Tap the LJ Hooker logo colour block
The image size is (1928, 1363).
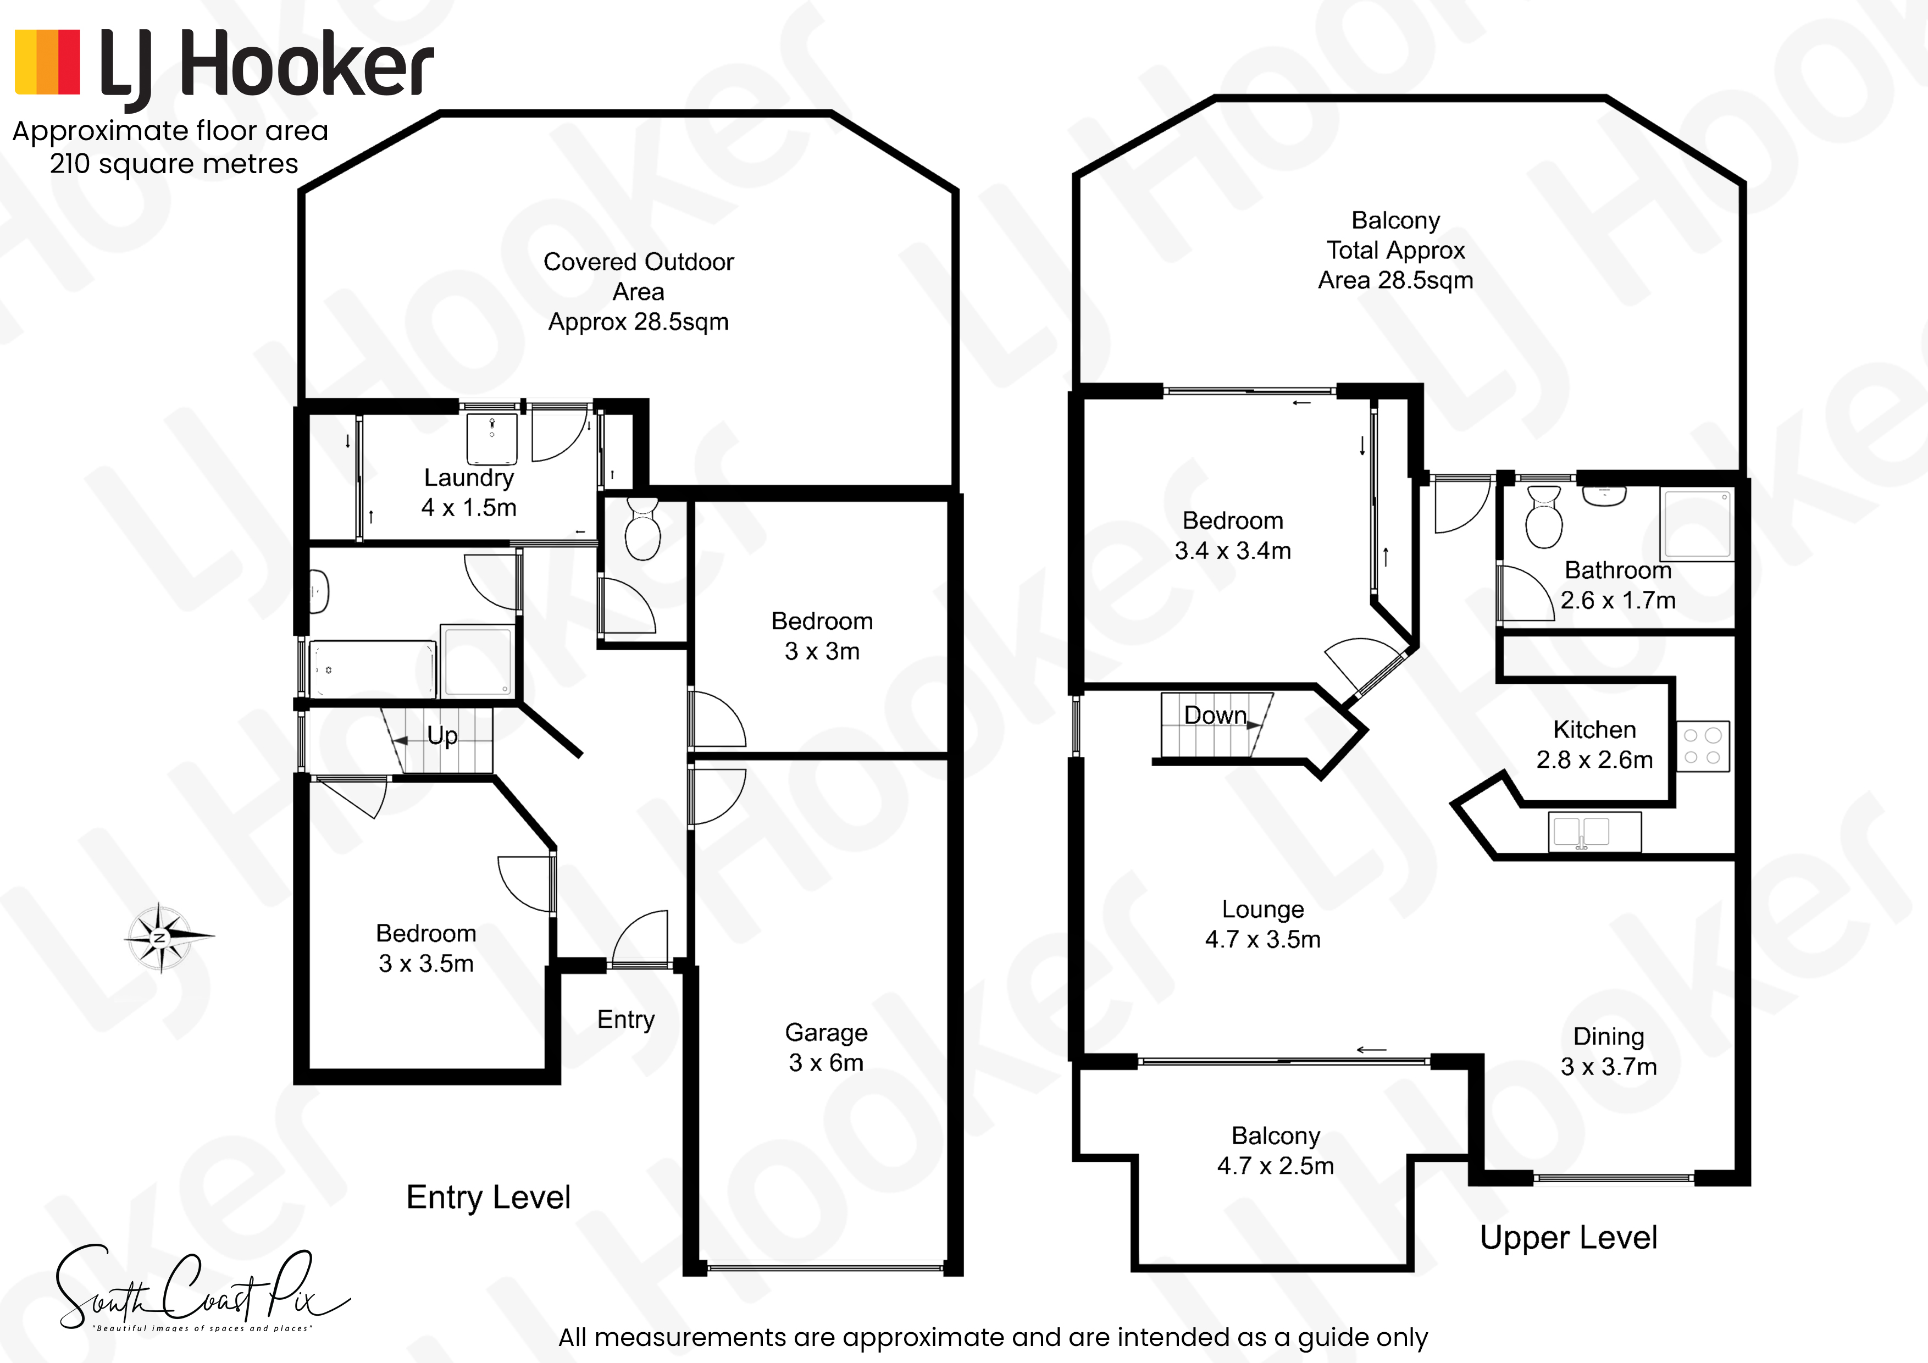click(48, 62)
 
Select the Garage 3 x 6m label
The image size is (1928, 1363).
click(826, 1047)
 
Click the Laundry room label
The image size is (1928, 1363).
click(469, 492)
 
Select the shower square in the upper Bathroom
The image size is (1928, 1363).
click(1698, 523)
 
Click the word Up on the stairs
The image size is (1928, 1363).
click(442, 736)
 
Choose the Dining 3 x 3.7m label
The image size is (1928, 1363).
click(1609, 1051)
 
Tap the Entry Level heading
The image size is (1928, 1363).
click(488, 1196)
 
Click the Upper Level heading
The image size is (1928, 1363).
click(1569, 1238)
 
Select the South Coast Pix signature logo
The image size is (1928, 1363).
click(202, 1288)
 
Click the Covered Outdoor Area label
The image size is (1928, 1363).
click(638, 291)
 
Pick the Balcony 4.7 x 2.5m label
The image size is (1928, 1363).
click(1276, 1150)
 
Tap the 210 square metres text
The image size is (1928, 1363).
click(174, 164)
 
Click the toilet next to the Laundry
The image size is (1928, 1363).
click(642, 528)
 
